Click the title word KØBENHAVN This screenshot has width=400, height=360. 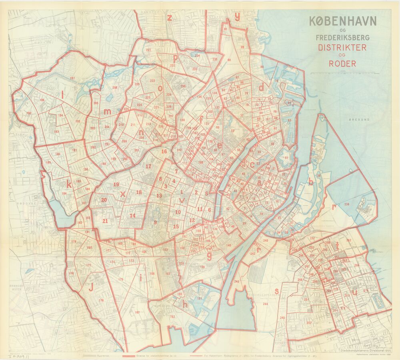343,21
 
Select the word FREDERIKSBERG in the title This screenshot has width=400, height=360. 342,38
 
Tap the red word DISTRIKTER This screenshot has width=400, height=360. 342,47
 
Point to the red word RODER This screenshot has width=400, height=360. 342,63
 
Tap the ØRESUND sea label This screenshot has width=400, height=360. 358,120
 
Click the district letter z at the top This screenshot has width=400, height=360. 170,17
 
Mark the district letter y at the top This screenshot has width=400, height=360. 237,16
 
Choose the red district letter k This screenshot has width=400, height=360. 69,184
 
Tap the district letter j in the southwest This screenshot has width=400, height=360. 91,286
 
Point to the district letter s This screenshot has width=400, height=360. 276,290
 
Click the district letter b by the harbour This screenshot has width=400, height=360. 310,180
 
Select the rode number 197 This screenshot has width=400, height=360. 72,78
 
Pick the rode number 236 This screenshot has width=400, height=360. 346,204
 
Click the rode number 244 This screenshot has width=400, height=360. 265,304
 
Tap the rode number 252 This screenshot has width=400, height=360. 309,323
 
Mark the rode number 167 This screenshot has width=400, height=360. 137,312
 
